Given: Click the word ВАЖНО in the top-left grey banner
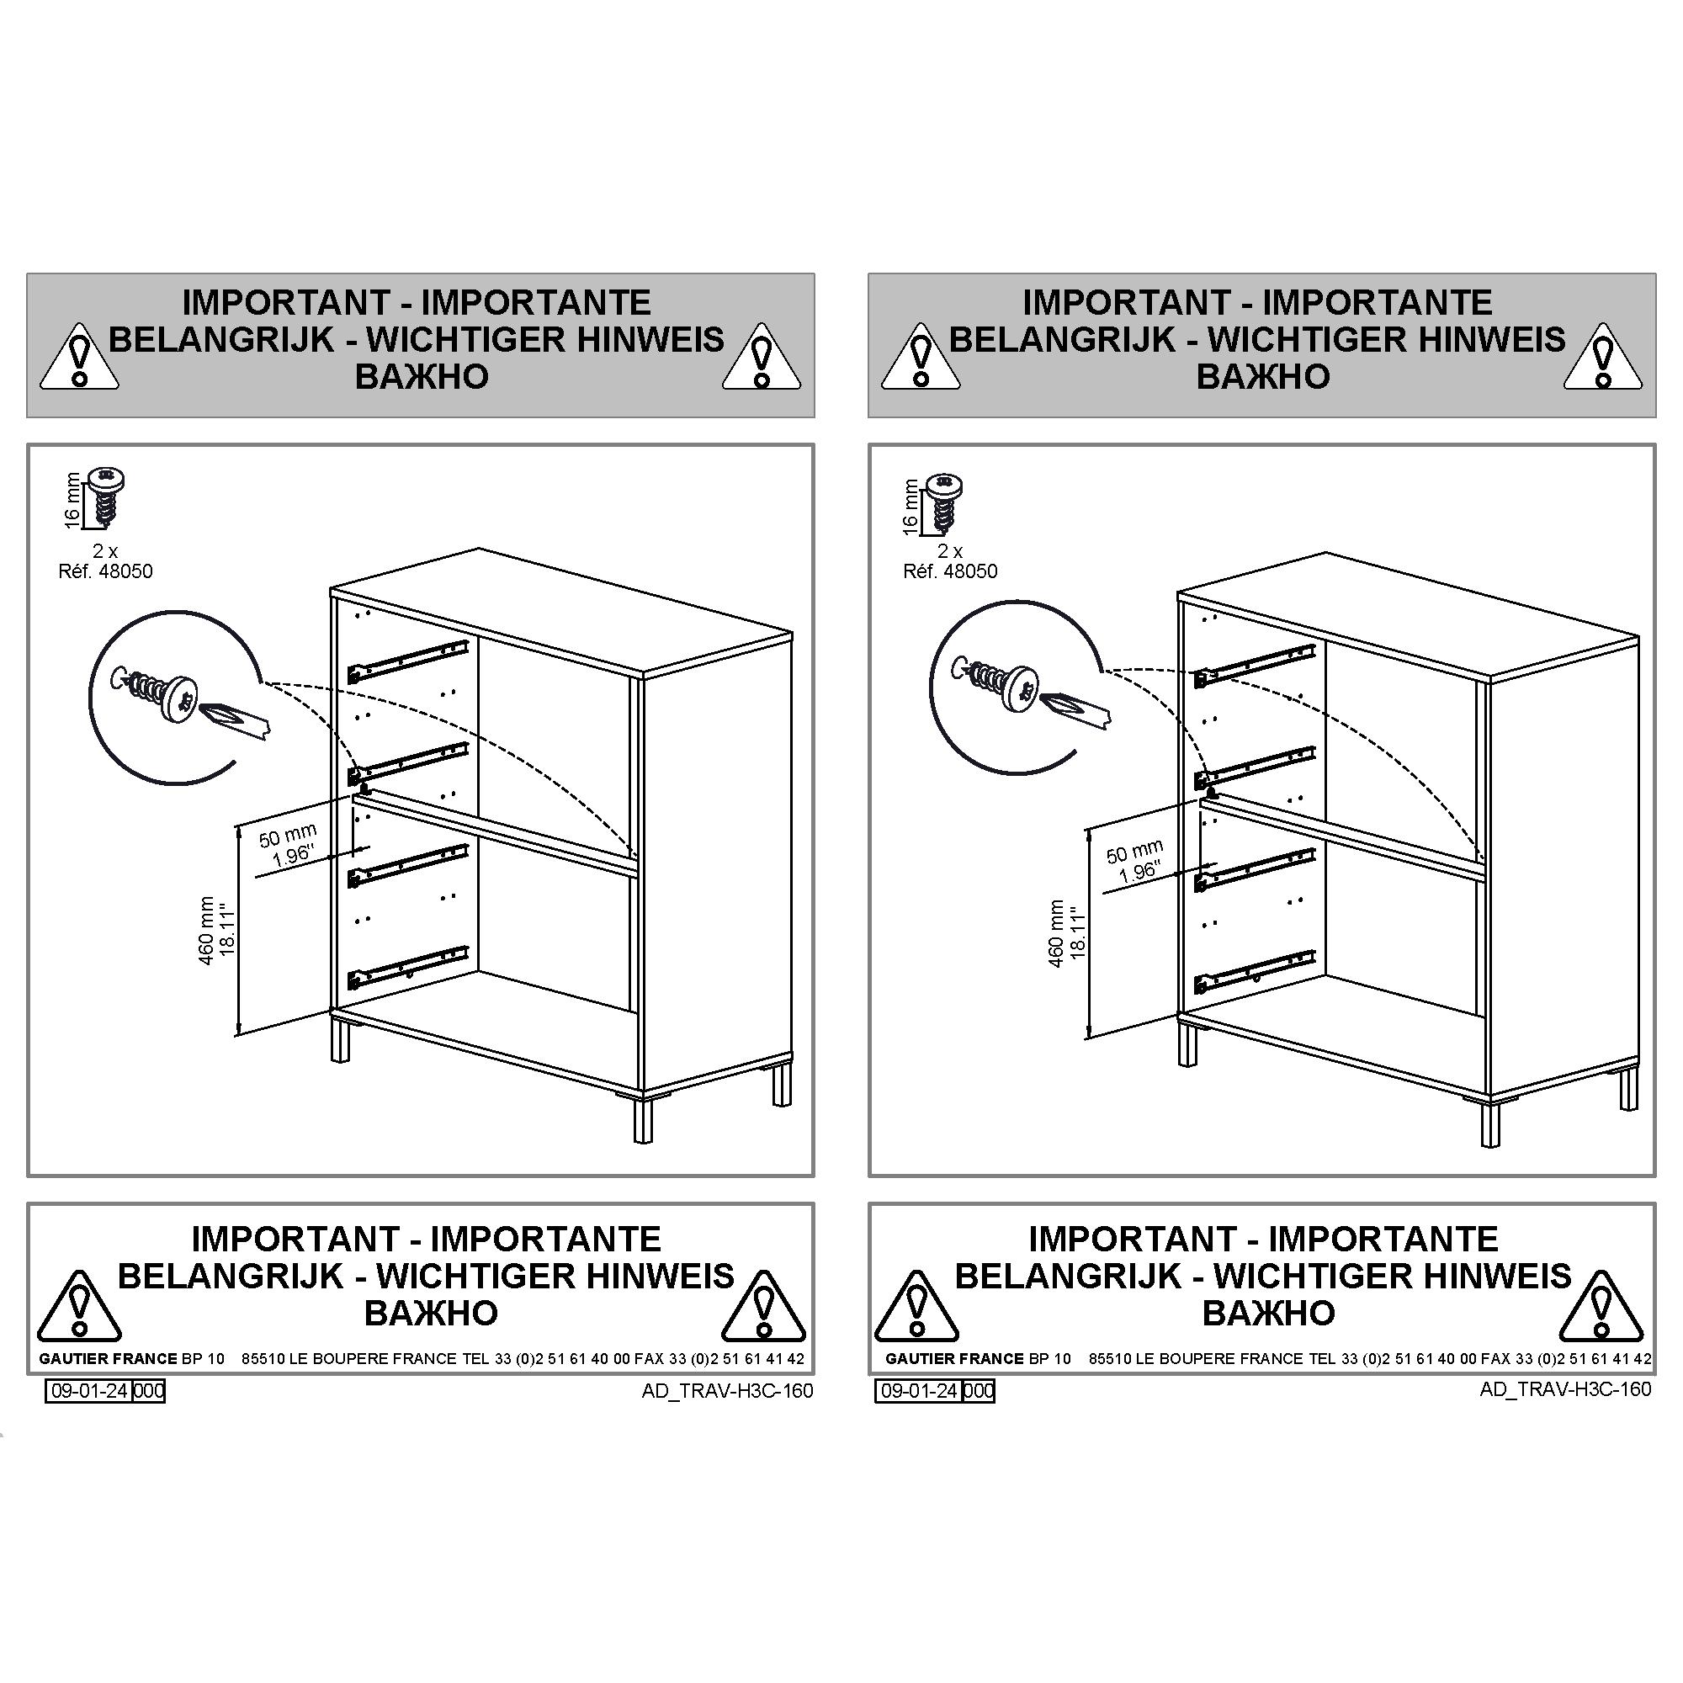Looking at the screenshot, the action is (422, 376).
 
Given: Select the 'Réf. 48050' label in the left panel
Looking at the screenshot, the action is (105, 571).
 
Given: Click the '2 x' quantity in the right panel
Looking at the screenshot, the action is (950, 551).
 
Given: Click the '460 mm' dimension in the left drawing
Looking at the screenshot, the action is (206, 931).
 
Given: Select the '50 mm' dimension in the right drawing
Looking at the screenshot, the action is (1135, 852).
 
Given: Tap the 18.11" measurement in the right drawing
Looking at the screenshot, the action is (1078, 933).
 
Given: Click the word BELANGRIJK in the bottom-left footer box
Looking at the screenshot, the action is (231, 1277).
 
